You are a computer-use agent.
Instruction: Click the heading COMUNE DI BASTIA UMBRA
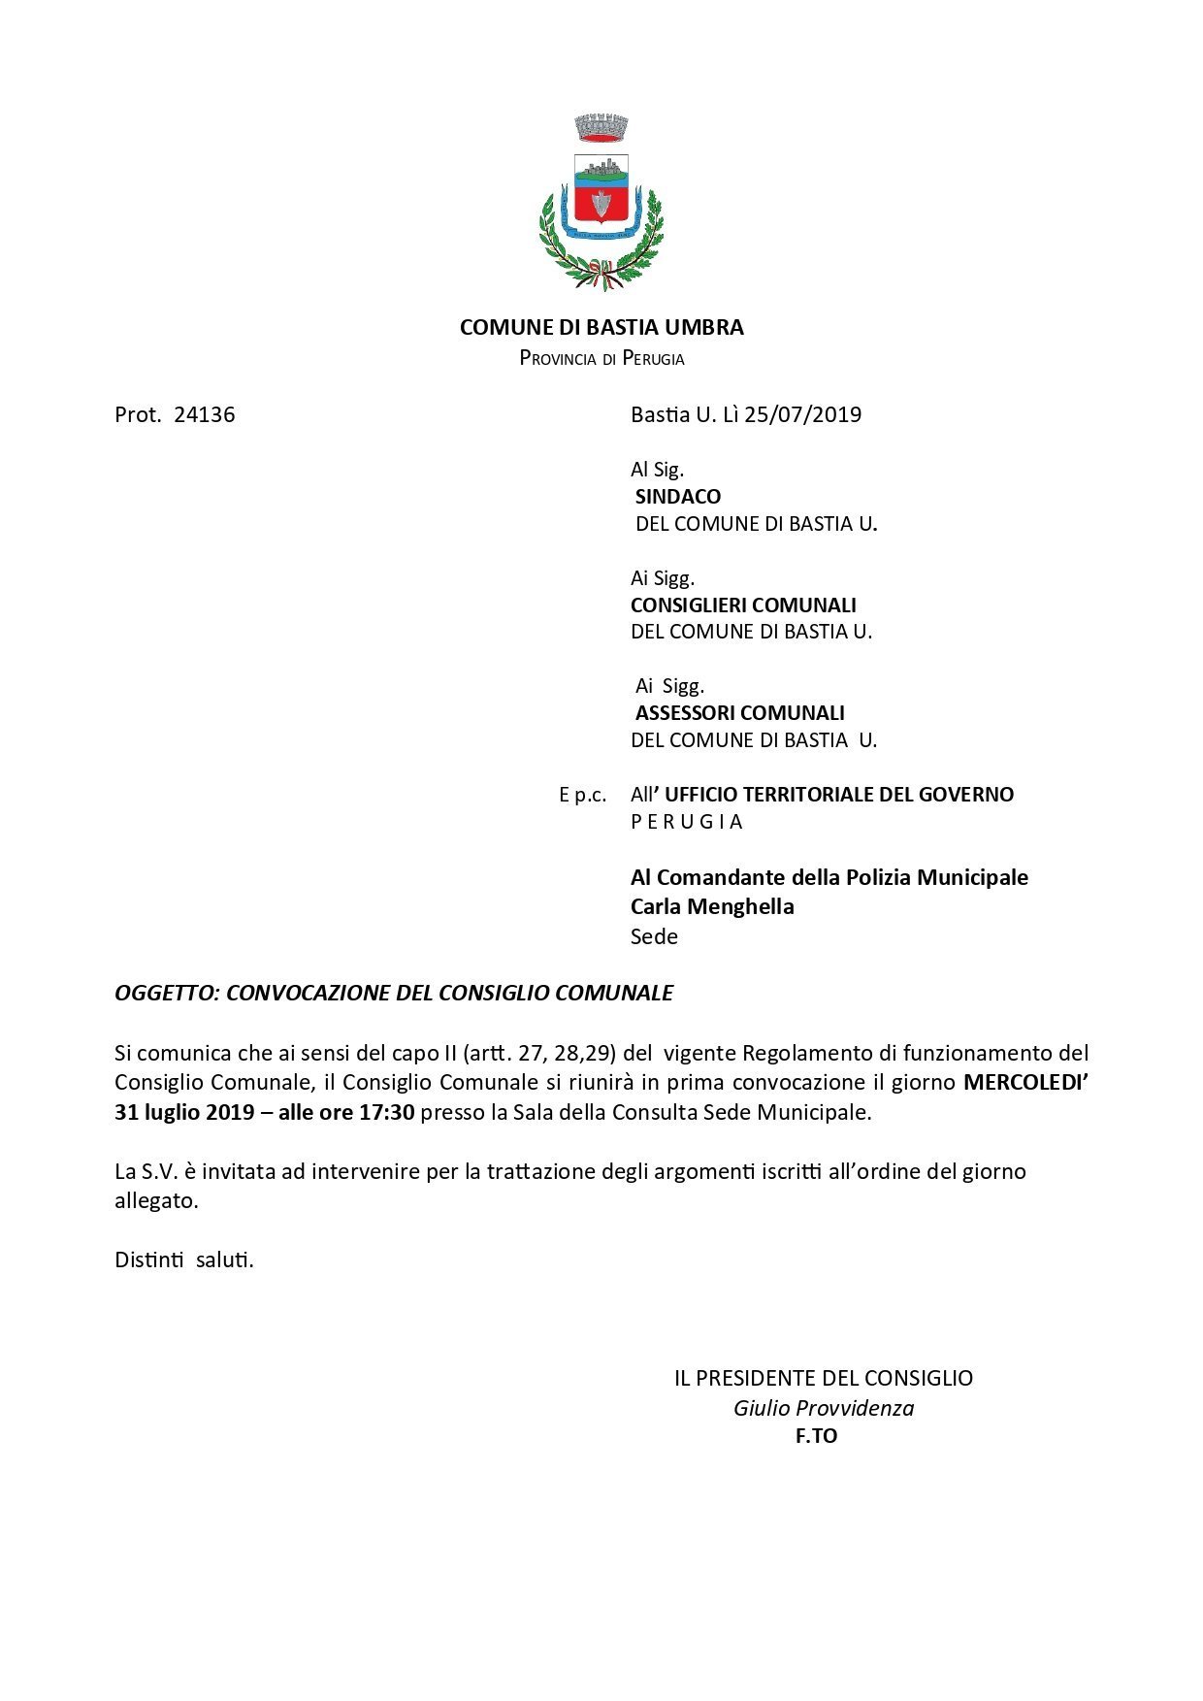coord(601,327)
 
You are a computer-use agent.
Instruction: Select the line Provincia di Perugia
coord(601,358)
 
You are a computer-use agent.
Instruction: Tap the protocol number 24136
coord(204,414)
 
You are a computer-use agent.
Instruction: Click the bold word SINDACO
coord(678,496)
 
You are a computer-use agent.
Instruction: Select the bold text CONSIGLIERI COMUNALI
coord(743,605)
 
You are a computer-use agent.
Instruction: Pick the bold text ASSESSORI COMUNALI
coord(740,712)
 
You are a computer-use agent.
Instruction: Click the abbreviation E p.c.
coord(582,795)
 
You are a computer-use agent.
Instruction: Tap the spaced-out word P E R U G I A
coord(687,821)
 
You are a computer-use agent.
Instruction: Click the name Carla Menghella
coord(712,906)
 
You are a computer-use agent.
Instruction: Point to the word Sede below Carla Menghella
coord(654,936)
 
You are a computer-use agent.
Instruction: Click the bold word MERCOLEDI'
coord(1025,1082)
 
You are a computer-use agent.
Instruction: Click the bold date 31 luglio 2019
coord(184,1112)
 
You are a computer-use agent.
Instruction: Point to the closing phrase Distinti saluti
coord(184,1259)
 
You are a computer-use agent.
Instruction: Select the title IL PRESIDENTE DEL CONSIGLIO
coord(824,1378)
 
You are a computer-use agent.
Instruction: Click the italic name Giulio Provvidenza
coord(824,1408)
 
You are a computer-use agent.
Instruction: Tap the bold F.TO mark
coord(816,1437)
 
